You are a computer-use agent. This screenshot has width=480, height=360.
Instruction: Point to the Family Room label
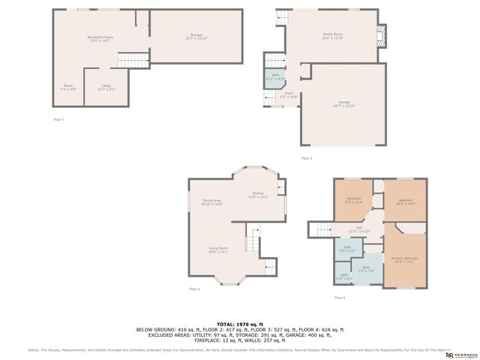[332, 36]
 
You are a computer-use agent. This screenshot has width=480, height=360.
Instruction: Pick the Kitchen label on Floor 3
[258, 195]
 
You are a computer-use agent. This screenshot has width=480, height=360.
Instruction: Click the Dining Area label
[212, 202]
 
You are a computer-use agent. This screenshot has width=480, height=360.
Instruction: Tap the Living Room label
[217, 250]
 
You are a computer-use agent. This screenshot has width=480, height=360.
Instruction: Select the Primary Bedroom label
[405, 260]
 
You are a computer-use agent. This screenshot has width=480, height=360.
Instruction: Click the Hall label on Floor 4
[359, 229]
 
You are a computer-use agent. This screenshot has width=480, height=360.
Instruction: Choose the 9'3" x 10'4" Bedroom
[354, 201]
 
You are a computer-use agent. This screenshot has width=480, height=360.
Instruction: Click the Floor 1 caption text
[58, 120]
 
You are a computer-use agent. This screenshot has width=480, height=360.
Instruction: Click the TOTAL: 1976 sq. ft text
[239, 322]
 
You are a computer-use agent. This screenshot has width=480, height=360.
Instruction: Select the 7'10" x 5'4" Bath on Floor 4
[344, 276]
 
